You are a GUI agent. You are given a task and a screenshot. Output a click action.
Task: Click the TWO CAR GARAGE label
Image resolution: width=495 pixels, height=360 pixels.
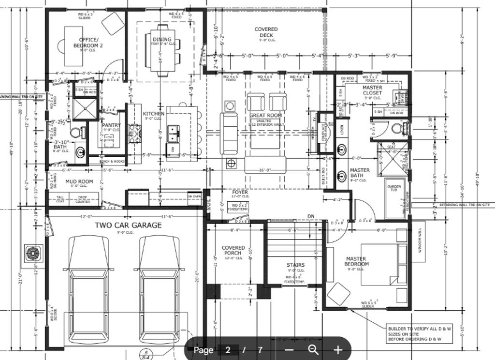pos(128,225)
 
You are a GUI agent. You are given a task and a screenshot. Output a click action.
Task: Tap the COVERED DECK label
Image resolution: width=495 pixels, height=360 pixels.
pos(266,32)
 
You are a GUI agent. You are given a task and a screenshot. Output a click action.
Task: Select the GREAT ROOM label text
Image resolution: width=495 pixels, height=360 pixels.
pos(265,116)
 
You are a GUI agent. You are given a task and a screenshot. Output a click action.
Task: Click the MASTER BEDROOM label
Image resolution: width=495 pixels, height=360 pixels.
pos(356,261)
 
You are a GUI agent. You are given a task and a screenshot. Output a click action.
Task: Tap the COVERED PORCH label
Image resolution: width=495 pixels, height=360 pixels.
pos(233,250)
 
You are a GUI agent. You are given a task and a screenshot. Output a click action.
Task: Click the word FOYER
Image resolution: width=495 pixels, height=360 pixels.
pos(240,192)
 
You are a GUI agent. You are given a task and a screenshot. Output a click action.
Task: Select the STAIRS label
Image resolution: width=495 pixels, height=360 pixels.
pos(295,265)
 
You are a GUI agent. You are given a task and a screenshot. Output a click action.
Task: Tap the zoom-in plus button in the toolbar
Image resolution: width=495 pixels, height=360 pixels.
pos(338,349)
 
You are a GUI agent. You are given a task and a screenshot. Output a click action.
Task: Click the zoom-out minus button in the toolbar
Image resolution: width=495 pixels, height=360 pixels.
pos(289,349)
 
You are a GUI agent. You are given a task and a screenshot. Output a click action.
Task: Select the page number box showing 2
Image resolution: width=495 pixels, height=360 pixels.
pos(228,349)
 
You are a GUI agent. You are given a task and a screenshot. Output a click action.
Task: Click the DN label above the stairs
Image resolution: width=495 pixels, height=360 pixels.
pos(310,216)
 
